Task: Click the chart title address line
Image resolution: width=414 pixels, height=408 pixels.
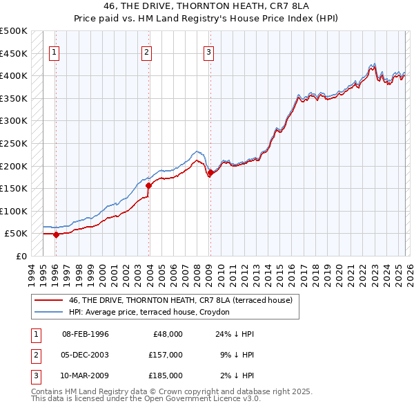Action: pos(207,6)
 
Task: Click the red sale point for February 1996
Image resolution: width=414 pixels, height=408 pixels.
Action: pos(56,234)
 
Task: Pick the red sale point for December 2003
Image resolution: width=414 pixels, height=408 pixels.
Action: pos(148,185)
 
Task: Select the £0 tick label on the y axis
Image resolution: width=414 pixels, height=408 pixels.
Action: pos(21,256)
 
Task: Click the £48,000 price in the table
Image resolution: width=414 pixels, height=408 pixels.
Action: pos(166,334)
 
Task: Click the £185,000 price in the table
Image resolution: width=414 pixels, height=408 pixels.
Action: pos(165,375)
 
